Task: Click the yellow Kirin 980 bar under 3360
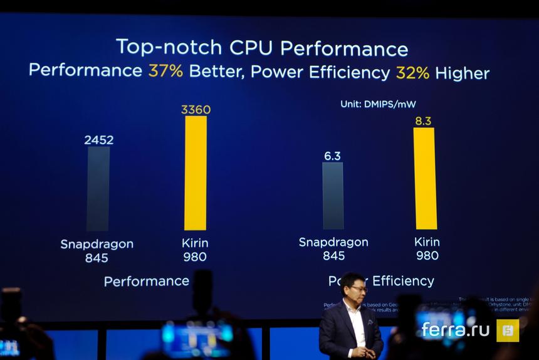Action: click(196, 172)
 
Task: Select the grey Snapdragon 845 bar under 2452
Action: click(98, 188)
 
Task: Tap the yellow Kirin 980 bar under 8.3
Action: click(425, 178)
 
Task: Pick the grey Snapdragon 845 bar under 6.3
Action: click(333, 196)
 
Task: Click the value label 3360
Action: click(196, 110)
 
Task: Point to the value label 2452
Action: click(99, 140)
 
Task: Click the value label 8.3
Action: click(423, 121)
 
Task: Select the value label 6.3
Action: click(333, 156)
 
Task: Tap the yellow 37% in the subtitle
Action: click(165, 71)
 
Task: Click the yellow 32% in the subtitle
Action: click(412, 73)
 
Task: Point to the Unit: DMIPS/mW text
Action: click(379, 104)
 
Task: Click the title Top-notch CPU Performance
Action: click(262, 48)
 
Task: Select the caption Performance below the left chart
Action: click(147, 281)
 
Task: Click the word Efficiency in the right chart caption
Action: click(403, 281)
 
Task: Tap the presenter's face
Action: click(355, 290)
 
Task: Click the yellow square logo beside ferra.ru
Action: click(508, 331)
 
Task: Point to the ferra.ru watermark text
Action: click(455, 329)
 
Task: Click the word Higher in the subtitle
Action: click(463, 73)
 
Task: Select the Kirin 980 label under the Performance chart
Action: click(195, 250)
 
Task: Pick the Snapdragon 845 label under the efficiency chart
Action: click(333, 249)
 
